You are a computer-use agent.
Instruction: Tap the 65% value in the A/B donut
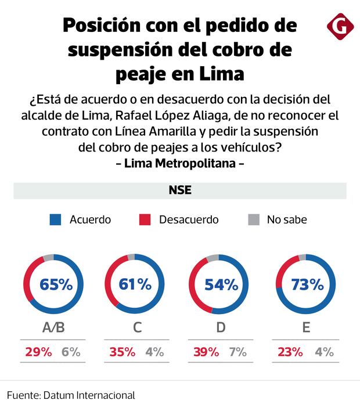56,285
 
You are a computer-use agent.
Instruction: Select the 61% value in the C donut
134,285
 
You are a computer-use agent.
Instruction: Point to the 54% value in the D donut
221,285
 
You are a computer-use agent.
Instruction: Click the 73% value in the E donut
307,285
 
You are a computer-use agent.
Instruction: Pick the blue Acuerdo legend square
56,219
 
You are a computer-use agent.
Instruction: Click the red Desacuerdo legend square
145,219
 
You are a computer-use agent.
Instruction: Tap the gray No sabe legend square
253,219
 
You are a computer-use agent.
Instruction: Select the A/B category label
53,327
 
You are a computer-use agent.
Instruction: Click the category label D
221,327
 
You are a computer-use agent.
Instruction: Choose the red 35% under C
122,352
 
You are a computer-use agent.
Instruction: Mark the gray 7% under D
238,352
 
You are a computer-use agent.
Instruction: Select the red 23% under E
290,352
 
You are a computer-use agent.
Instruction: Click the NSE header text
180,190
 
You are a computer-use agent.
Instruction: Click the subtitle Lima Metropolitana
180,163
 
